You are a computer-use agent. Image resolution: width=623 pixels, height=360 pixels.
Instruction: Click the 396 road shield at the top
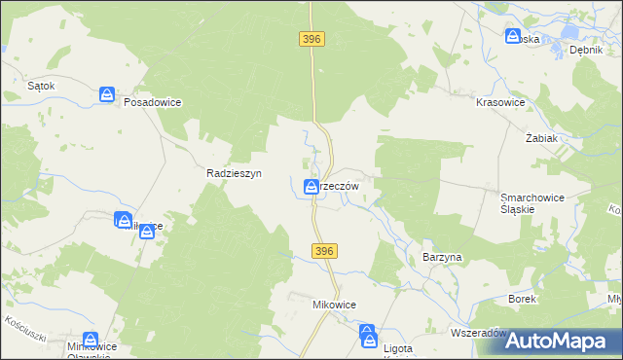pos(311,38)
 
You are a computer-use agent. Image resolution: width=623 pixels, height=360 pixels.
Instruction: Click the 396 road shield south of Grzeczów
pos(325,251)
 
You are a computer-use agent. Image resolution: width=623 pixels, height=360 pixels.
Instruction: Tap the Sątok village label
pos(41,86)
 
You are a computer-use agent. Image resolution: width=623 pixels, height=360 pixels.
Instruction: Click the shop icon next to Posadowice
pos(107,94)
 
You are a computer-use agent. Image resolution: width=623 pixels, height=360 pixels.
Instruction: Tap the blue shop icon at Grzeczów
pos(311,186)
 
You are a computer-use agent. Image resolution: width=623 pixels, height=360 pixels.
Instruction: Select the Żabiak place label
pos(541,138)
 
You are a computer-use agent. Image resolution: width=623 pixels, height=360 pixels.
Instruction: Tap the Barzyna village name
pos(442,256)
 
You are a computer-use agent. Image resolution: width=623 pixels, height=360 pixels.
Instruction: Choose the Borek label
pos(522,298)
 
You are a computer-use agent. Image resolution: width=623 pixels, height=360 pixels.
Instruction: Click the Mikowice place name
pos(334,305)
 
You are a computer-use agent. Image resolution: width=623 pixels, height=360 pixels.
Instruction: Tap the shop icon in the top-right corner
pos(513,36)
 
